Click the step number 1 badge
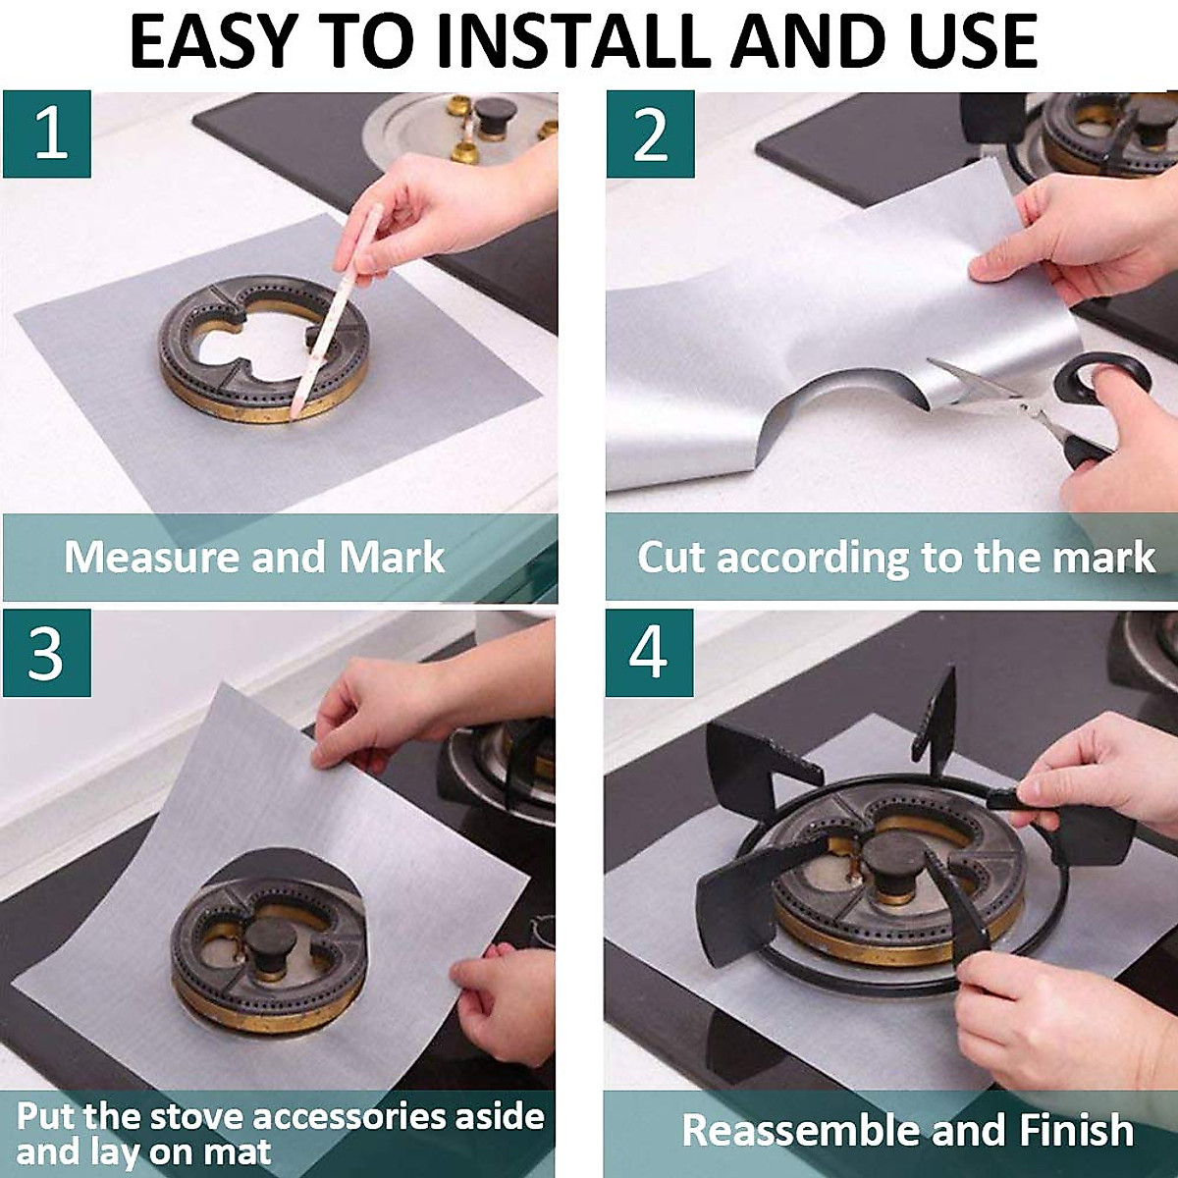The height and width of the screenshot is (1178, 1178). click(x=47, y=134)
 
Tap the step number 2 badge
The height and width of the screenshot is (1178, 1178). click(x=650, y=134)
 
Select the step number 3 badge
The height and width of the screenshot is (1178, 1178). click(x=47, y=653)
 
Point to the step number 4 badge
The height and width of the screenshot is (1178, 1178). click(x=649, y=653)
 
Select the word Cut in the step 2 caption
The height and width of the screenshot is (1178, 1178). click(x=672, y=558)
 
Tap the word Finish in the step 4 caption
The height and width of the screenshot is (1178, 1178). click(x=1076, y=1130)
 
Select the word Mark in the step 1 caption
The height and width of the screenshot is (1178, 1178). click(x=392, y=558)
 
